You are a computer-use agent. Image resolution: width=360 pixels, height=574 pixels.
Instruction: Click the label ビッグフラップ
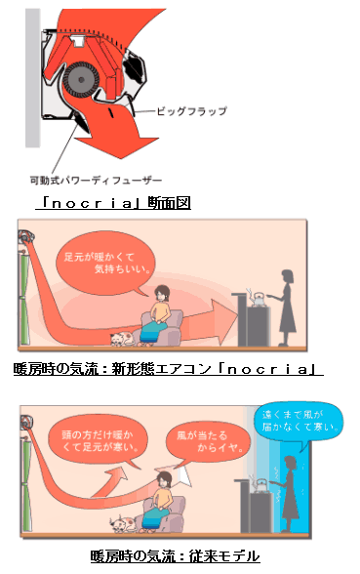pos(191,111)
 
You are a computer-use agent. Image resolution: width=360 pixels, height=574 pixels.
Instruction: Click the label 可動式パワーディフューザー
pos(96,180)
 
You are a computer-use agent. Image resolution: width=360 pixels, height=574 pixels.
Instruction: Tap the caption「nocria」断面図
pos(113,203)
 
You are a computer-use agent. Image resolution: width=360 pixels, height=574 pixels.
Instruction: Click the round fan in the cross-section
pos(81,80)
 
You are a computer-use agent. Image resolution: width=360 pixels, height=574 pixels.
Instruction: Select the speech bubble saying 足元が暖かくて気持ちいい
pos(105,264)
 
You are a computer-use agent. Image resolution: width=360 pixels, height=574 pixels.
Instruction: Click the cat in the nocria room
pos(123,339)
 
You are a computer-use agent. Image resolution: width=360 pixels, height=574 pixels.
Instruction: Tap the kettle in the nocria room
pos(259,299)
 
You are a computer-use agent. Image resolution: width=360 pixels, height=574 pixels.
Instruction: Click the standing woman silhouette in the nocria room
pos(286,307)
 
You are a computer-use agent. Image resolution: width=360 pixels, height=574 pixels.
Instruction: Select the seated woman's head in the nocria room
pos(162,293)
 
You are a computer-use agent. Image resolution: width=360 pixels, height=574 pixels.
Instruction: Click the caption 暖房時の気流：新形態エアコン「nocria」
pos(168,369)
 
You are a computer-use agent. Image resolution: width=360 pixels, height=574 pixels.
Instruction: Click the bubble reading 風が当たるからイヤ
pos(207,443)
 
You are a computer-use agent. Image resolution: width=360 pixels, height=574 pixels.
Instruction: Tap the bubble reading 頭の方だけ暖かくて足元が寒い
pos(98,441)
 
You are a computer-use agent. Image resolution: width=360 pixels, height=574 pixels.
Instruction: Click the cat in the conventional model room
pos(123,524)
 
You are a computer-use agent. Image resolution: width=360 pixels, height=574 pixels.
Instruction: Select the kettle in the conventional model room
pos(261,486)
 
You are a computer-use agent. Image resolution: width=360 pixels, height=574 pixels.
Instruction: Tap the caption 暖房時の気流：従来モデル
pos(175,556)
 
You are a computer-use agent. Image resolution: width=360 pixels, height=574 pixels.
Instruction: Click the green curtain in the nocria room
pos(24,297)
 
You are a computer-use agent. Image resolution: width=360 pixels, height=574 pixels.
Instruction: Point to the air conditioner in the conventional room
pos(27,422)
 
